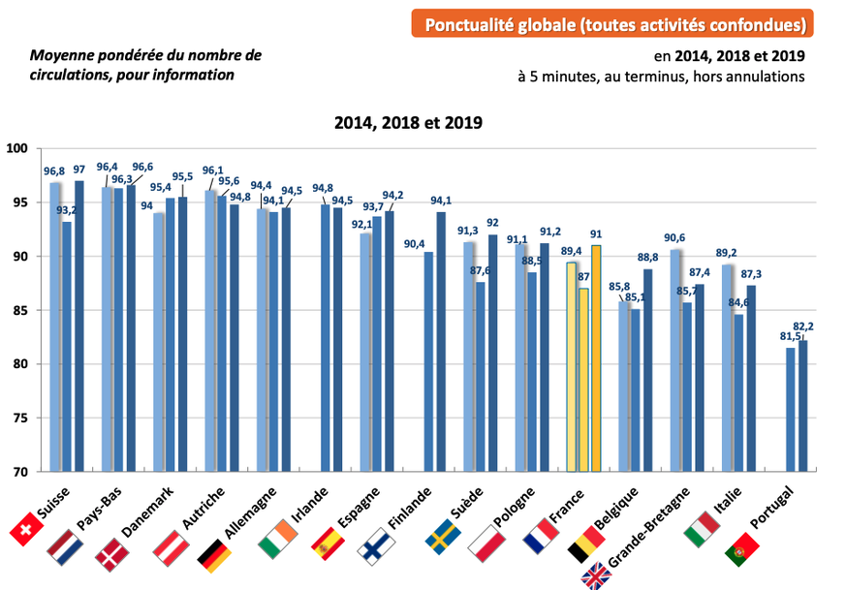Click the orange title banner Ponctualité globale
(x=611, y=23)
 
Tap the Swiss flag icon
(x=26, y=530)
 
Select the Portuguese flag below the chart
(x=742, y=549)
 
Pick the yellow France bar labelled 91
(x=596, y=358)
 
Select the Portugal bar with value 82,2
(x=801, y=406)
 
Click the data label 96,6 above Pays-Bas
(x=143, y=167)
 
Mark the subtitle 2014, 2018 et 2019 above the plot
(x=408, y=122)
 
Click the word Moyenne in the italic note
(x=57, y=55)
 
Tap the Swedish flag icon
(x=445, y=536)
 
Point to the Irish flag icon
(x=278, y=536)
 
